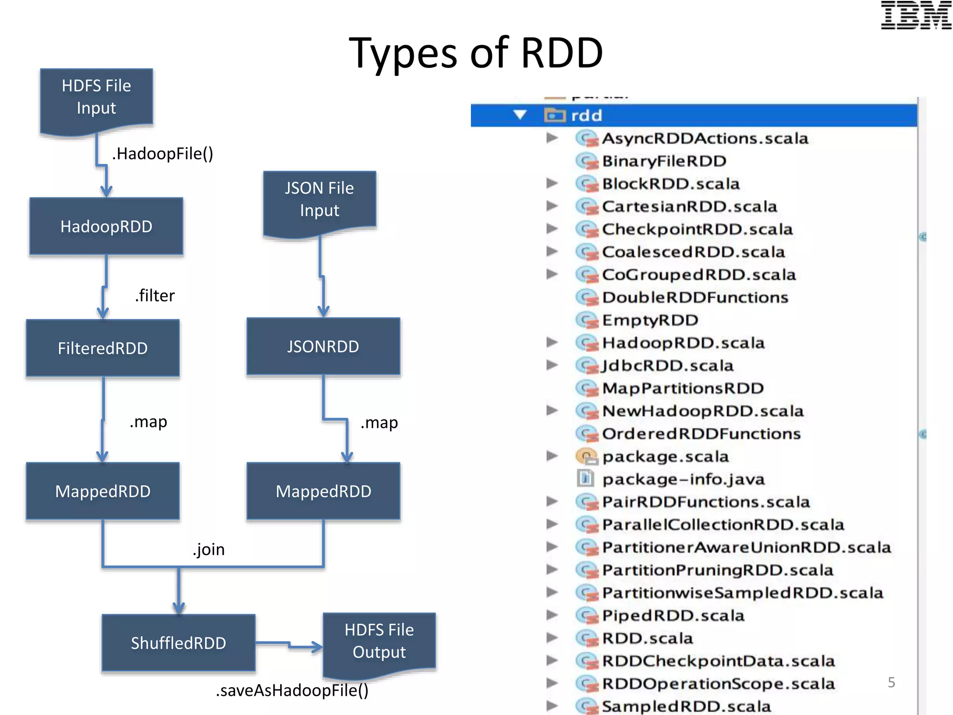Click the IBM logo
916,15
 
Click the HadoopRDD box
106,227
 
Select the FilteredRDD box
103,348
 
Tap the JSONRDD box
323,347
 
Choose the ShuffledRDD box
178,643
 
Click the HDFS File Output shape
379,641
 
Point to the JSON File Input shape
319,200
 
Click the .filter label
155,296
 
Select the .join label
208,550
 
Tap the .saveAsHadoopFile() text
292,690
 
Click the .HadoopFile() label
162,154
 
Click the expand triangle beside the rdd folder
520,115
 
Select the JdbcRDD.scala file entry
667,366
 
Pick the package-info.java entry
683,479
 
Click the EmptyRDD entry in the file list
650,320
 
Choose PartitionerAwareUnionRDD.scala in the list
746,547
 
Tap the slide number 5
891,682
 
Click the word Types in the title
403,54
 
